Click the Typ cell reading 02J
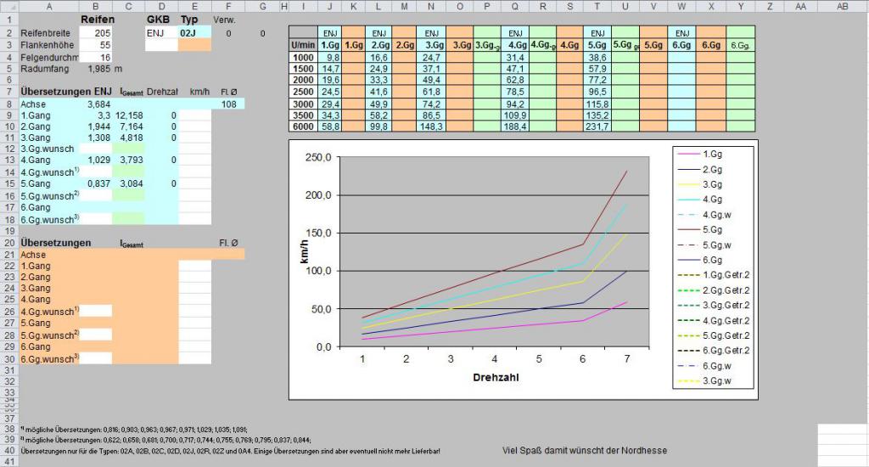coord(188,32)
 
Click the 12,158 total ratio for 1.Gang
coord(130,115)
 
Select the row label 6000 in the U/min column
coord(302,127)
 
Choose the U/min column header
coord(302,43)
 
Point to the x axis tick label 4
coord(494,359)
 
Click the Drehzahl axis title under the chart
coord(495,377)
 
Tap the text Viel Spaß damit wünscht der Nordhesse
coord(584,450)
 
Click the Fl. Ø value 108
coord(227,104)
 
